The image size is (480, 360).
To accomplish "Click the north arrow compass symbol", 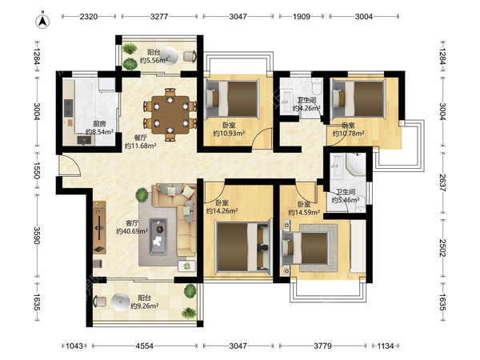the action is (x=43, y=21).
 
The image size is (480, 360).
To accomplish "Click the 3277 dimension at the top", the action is (x=159, y=16).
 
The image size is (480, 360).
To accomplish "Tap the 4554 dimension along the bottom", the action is (x=145, y=346).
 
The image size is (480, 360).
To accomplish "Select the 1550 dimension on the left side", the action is (x=37, y=171).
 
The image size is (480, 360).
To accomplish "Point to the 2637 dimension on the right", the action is (x=442, y=182).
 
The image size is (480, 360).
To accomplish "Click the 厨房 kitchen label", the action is (x=99, y=124).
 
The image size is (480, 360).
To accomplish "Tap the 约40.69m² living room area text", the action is (x=132, y=231).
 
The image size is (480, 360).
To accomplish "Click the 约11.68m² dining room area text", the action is (x=141, y=146).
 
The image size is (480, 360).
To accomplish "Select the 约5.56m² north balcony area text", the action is (x=154, y=60).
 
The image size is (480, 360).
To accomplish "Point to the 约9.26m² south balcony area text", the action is (x=145, y=306).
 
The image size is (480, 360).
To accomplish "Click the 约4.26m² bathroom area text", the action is (x=306, y=108).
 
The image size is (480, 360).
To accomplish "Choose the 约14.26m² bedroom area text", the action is (x=222, y=210).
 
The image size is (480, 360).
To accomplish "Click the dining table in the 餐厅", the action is (x=170, y=114).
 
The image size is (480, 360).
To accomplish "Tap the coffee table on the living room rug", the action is (x=158, y=236).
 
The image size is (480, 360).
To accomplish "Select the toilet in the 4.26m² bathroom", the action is (x=317, y=85).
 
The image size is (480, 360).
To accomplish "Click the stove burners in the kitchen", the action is (x=68, y=108).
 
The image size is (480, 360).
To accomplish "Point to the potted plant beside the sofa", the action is (x=142, y=194).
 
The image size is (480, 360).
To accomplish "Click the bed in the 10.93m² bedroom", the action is (x=232, y=98).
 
